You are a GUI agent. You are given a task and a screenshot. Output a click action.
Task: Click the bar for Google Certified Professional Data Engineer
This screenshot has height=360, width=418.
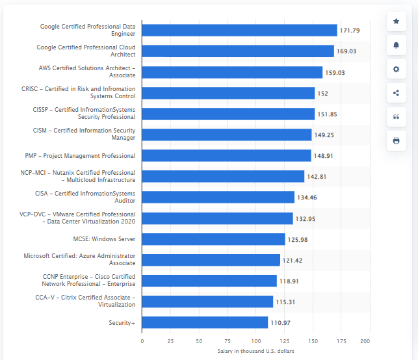pyautogui.click(x=239, y=31)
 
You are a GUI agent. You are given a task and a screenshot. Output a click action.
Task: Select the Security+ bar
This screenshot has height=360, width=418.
pyautogui.click(x=205, y=322)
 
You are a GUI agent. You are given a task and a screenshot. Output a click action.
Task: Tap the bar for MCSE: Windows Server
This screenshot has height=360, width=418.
pyautogui.click(x=213, y=239)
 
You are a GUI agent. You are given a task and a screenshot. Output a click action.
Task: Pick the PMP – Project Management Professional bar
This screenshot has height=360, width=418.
pyautogui.click(x=226, y=156)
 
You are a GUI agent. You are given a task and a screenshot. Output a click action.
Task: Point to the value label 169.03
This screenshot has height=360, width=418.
pyautogui.click(x=346, y=51)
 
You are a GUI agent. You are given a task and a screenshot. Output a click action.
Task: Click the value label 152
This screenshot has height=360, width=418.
pyautogui.click(x=322, y=94)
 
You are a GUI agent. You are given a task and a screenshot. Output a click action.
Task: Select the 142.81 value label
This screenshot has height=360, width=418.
pyautogui.click(x=317, y=177)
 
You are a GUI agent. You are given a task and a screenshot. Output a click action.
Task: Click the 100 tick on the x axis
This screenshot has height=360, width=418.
pyautogui.click(x=255, y=341)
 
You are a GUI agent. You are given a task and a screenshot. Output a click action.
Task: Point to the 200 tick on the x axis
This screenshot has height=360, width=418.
pyautogui.click(x=369, y=341)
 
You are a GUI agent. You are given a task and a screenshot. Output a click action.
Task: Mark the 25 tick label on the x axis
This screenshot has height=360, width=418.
pyautogui.click(x=170, y=341)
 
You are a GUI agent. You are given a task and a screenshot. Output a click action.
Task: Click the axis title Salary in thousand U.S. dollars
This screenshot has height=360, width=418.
pyautogui.click(x=255, y=351)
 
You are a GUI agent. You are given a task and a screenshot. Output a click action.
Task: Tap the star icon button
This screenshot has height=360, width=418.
pyautogui.click(x=396, y=21)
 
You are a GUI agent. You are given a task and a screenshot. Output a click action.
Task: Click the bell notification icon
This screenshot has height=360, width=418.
pyautogui.click(x=396, y=45)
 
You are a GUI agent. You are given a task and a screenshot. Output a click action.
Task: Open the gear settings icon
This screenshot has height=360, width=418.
pyautogui.click(x=396, y=69)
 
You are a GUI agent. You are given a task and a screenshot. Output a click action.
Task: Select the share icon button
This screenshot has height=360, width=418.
pyautogui.click(x=396, y=93)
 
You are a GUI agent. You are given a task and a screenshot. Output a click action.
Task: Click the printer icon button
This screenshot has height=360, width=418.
pyautogui.click(x=396, y=140)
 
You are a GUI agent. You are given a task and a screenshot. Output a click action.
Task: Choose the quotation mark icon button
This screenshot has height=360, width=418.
pyautogui.click(x=396, y=117)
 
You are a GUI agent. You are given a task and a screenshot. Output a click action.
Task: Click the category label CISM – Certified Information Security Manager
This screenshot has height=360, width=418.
pyautogui.click(x=85, y=135)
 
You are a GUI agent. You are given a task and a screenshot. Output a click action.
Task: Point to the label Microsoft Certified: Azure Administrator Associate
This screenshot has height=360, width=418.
pyautogui.click(x=80, y=259)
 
